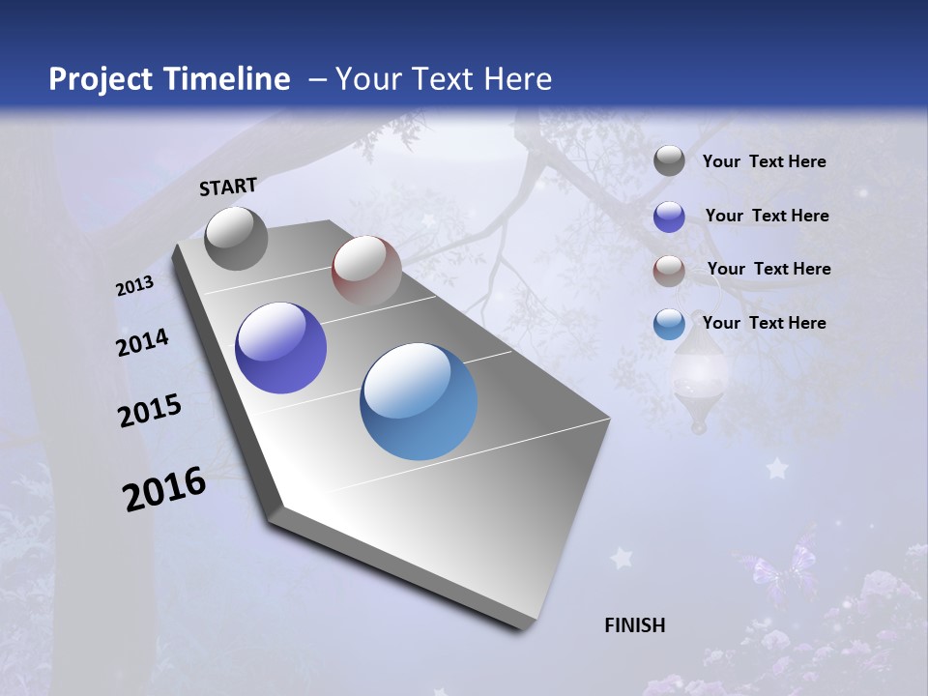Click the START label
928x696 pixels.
coord(228,187)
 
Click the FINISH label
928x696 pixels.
coord(634,625)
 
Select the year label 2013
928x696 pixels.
coord(134,286)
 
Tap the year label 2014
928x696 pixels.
coord(142,343)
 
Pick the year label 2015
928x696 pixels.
coord(150,411)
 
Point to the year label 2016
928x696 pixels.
coord(164,489)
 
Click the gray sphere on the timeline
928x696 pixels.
coord(236,238)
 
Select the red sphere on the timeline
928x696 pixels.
coord(366,271)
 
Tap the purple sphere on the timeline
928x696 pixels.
coord(280,348)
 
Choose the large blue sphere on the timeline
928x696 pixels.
coord(419,401)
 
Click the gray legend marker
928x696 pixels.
coord(669,161)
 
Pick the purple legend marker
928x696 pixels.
coord(669,216)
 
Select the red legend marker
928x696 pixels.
coord(669,270)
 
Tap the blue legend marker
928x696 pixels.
coord(669,324)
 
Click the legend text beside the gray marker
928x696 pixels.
coord(764,161)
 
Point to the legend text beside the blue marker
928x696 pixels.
coord(764,323)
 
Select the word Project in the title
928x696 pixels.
coord(101,79)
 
